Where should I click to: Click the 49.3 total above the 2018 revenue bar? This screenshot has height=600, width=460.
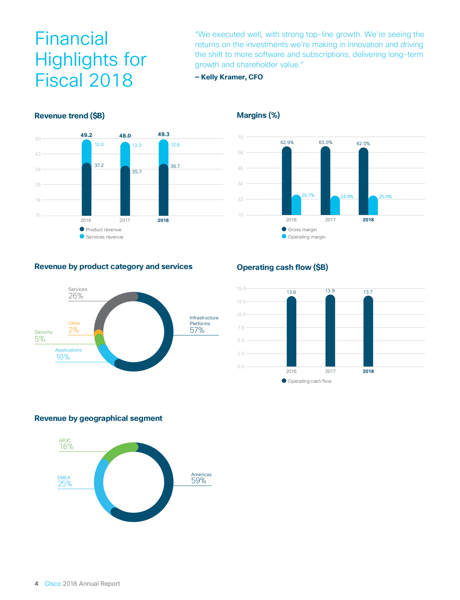pos(163,134)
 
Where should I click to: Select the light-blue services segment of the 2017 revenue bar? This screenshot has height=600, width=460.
pos(125,154)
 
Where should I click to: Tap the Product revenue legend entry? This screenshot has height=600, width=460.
pos(101,229)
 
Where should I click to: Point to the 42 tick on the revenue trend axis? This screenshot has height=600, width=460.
pos(38,154)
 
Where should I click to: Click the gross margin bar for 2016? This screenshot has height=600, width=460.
pos(287,180)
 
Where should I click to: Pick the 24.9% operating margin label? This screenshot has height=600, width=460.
pos(347,197)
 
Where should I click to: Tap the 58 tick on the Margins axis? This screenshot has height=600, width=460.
pos(240,153)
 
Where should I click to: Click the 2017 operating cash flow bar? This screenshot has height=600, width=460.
pos(330,332)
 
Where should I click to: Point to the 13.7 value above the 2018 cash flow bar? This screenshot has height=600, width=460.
pos(368,292)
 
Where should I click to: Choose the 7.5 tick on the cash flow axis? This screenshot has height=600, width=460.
pos(241,327)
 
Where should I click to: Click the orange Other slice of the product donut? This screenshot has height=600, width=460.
pos(99,332)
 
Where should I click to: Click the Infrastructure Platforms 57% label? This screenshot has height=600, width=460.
pos(203,324)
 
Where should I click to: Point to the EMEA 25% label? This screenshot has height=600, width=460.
pos(65,481)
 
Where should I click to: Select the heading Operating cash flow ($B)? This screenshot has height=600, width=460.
pos(282,267)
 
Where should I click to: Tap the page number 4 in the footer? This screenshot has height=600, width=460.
pos(36,584)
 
